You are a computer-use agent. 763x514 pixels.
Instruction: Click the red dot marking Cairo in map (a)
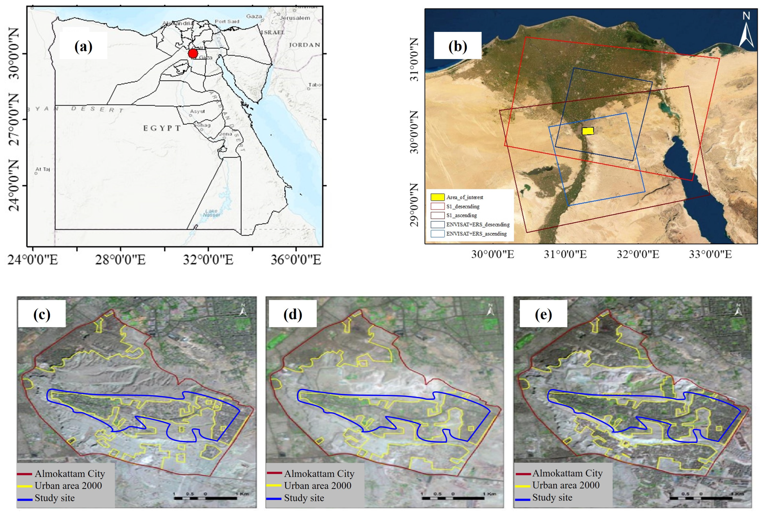click(x=193, y=53)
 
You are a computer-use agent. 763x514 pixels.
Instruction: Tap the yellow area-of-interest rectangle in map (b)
click(x=588, y=131)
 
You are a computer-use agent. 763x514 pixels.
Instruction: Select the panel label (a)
click(x=83, y=47)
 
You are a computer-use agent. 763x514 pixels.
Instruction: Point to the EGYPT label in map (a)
click(x=162, y=128)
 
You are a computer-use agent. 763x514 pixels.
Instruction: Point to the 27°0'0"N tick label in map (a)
click(x=14, y=119)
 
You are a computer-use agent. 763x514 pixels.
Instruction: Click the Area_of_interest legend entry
click(x=464, y=197)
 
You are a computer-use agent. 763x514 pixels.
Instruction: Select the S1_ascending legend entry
click(x=461, y=215)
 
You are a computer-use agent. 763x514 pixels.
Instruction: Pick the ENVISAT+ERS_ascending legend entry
click(x=476, y=234)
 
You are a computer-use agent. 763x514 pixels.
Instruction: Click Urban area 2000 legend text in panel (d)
click(x=317, y=486)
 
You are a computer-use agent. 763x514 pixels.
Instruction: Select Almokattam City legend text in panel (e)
click(x=567, y=473)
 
